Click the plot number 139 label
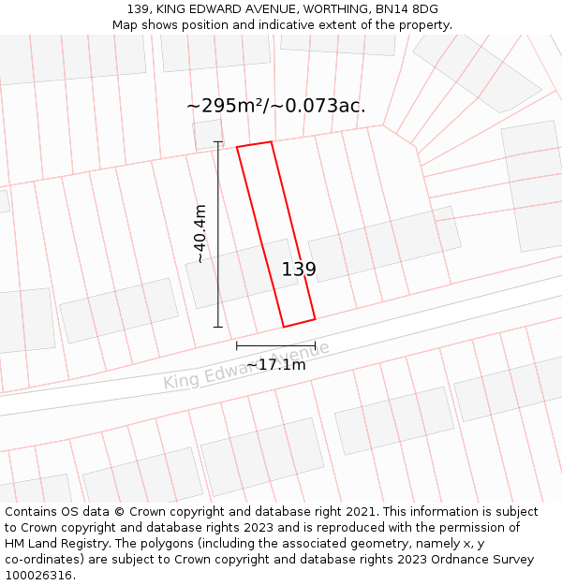click(x=299, y=270)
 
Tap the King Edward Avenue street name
click(x=246, y=366)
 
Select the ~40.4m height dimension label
click(x=200, y=233)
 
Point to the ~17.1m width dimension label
click(x=276, y=364)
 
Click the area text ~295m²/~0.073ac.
click(x=276, y=106)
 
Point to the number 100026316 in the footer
click(x=38, y=576)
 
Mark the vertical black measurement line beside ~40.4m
click(x=218, y=234)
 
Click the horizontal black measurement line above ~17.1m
click(x=275, y=344)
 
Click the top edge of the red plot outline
click(x=254, y=144)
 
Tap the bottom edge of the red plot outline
click(x=299, y=323)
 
